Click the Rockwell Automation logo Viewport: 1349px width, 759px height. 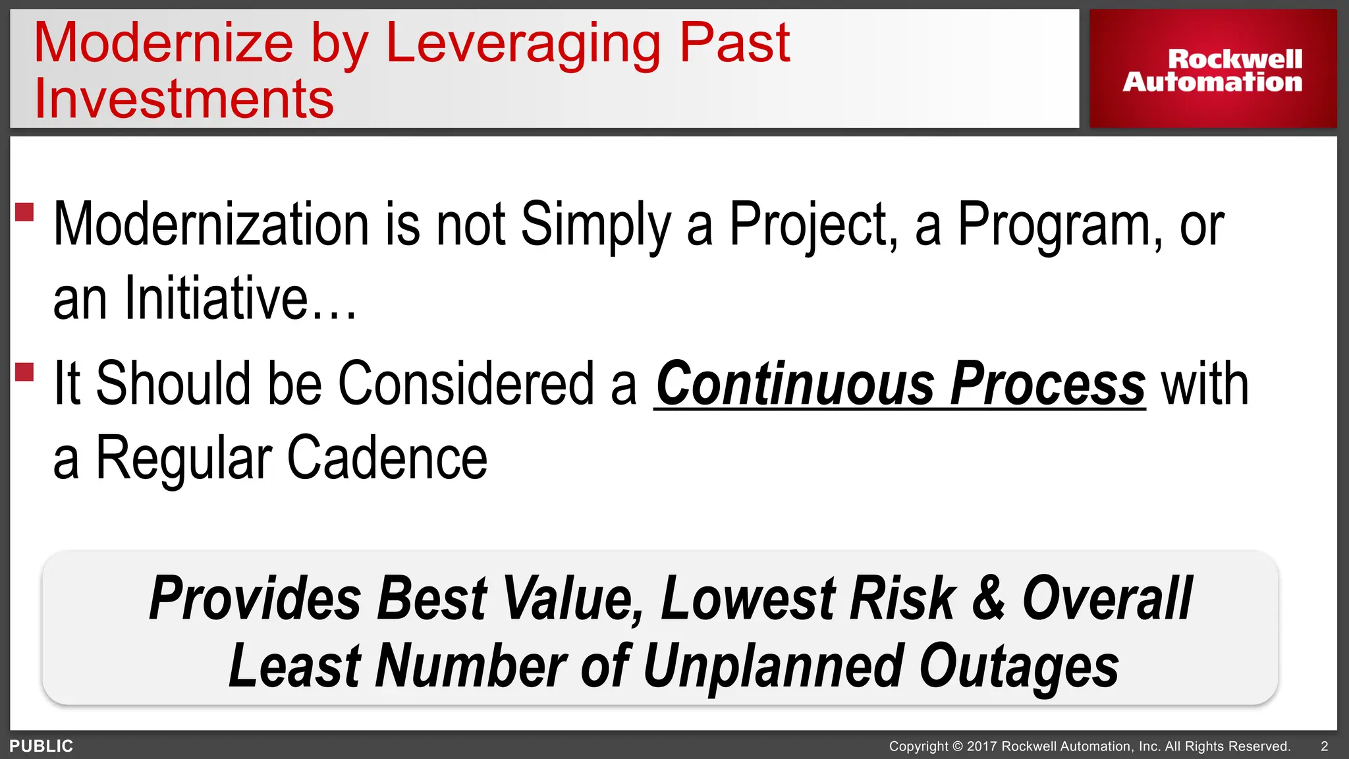click(1213, 70)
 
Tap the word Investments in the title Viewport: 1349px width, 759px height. click(184, 99)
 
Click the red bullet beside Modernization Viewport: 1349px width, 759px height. click(24, 212)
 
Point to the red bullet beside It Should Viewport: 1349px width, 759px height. click(24, 372)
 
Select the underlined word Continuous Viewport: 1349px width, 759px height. click(794, 385)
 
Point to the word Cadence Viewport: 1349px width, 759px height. click(387, 459)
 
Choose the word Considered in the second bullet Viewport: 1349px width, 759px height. click(466, 385)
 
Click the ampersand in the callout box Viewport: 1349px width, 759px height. click(988, 598)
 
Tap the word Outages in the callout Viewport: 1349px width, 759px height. click(1018, 667)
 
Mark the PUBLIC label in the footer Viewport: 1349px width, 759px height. click(41, 746)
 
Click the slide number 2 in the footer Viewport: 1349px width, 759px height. click(1325, 746)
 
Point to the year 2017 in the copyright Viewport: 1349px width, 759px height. click(981, 746)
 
